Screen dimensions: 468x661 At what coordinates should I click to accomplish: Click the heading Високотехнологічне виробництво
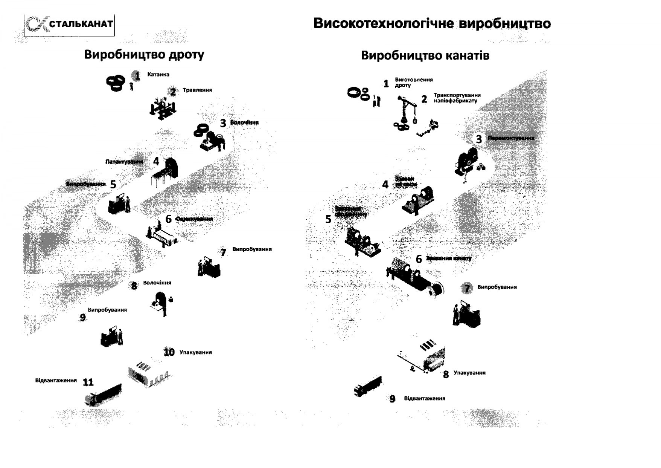(x=432, y=24)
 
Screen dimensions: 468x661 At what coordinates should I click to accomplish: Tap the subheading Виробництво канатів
(x=425, y=56)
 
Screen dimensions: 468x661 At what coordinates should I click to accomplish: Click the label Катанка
(x=158, y=75)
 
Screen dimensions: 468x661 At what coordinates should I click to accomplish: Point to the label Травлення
(x=197, y=90)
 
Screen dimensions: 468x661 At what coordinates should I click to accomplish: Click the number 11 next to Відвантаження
(x=88, y=382)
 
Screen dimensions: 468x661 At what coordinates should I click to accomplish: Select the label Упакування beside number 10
(x=195, y=353)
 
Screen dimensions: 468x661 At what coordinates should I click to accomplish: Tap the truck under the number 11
(x=104, y=395)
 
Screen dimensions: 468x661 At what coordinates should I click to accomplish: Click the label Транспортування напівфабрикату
(x=457, y=98)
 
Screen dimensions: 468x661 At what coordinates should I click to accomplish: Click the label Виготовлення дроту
(x=413, y=83)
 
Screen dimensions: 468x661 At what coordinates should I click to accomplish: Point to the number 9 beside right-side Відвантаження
(x=392, y=399)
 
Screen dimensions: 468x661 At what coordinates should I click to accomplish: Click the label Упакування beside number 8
(x=469, y=373)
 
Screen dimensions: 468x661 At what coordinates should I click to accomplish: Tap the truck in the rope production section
(x=368, y=386)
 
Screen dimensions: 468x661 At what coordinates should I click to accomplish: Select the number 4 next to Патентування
(x=156, y=162)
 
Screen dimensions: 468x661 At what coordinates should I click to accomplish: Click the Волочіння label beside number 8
(x=157, y=283)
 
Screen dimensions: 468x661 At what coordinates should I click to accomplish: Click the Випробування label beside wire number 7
(x=251, y=249)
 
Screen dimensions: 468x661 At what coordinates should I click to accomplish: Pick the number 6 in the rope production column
(x=419, y=259)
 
